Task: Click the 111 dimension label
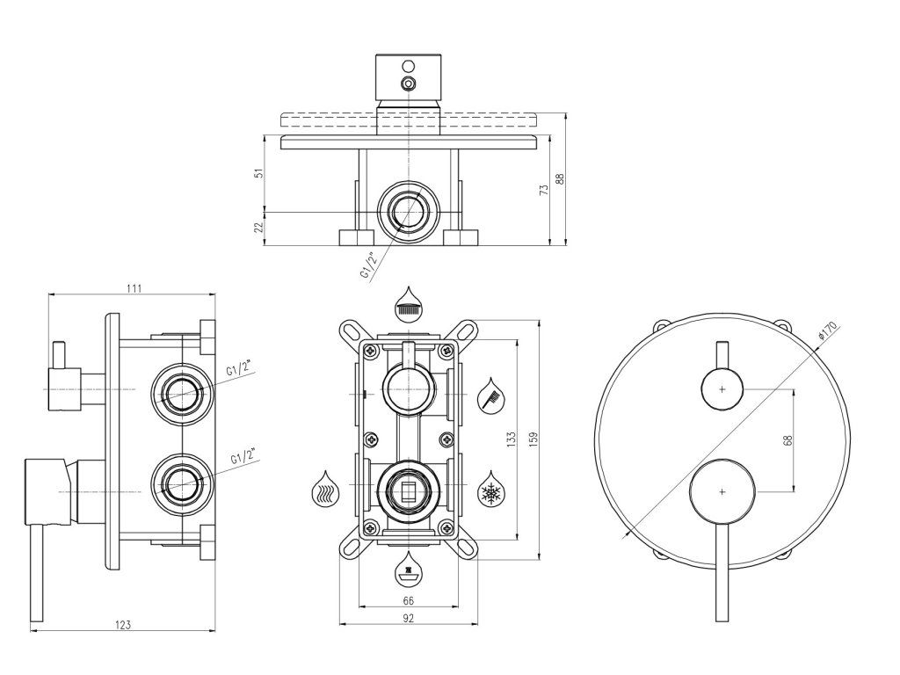[x=134, y=287]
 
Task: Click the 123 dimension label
[x=123, y=624]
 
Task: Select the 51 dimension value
[x=258, y=173]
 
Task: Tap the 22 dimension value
[x=258, y=227]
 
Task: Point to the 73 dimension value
[x=544, y=187]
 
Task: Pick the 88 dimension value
[x=559, y=180]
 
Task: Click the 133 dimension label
[x=511, y=440]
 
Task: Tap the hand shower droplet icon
[x=490, y=394]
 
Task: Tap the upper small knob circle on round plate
[x=722, y=388]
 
